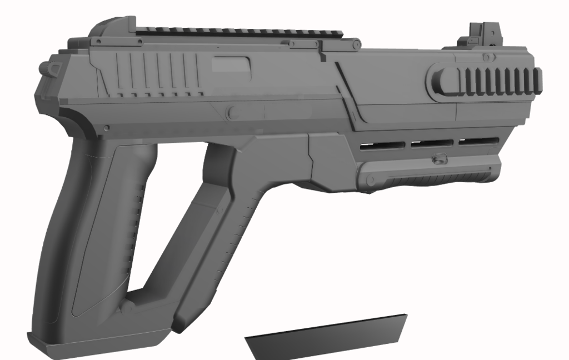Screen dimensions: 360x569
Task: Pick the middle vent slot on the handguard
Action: (431, 144)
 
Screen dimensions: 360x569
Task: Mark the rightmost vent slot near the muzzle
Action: (478, 141)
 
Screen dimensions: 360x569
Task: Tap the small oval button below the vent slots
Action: (439, 159)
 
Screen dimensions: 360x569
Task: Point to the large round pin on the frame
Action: (234, 113)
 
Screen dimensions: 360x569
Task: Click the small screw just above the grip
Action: (106, 128)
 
